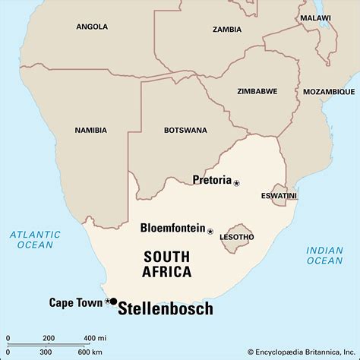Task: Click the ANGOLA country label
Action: (x=92, y=27)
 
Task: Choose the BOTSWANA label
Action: (x=185, y=130)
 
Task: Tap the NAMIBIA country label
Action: (x=90, y=130)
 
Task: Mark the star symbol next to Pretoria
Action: (x=236, y=183)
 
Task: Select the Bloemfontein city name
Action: (x=173, y=228)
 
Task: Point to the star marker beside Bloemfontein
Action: (x=210, y=230)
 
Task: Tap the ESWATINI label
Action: (x=279, y=195)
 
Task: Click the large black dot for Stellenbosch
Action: (x=113, y=302)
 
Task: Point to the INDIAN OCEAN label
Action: (x=324, y=255)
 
